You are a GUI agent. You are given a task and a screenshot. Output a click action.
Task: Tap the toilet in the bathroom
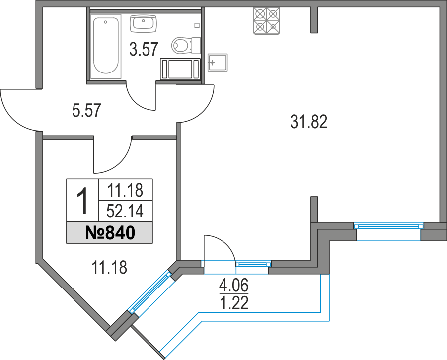(x=182, y=46)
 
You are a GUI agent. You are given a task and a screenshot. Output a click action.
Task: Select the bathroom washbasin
(x=143, y=23)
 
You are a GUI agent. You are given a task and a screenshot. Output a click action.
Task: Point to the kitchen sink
(x=218, y=62)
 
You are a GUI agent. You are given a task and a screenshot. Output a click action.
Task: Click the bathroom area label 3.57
(x=144, y=49)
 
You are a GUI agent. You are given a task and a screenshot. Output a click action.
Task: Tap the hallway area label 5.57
(x=86, y=110)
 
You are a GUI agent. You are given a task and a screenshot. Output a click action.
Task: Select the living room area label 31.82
(x=308, y=121)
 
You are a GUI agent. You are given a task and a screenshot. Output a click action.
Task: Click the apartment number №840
(x=110, y=232)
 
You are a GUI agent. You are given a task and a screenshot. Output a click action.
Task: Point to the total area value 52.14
(x=125, y=212)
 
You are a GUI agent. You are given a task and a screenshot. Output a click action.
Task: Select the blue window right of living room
(x=388, y=226)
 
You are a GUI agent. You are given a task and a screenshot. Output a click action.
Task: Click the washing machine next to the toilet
(x=180, y=68)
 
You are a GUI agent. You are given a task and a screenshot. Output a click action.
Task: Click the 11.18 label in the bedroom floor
(x=110, y=268)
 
